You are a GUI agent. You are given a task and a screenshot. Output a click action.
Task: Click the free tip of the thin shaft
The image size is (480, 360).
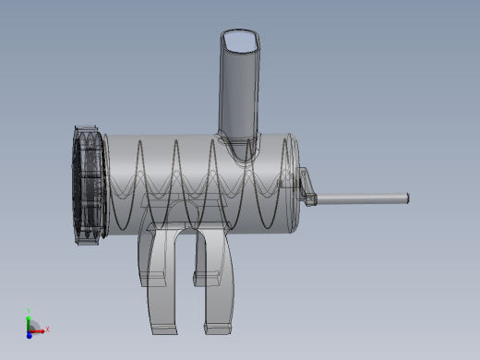point(405,197)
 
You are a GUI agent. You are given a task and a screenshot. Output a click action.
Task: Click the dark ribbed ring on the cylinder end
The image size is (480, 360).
point(89,185)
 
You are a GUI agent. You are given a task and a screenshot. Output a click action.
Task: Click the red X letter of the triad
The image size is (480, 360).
point(47,329)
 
